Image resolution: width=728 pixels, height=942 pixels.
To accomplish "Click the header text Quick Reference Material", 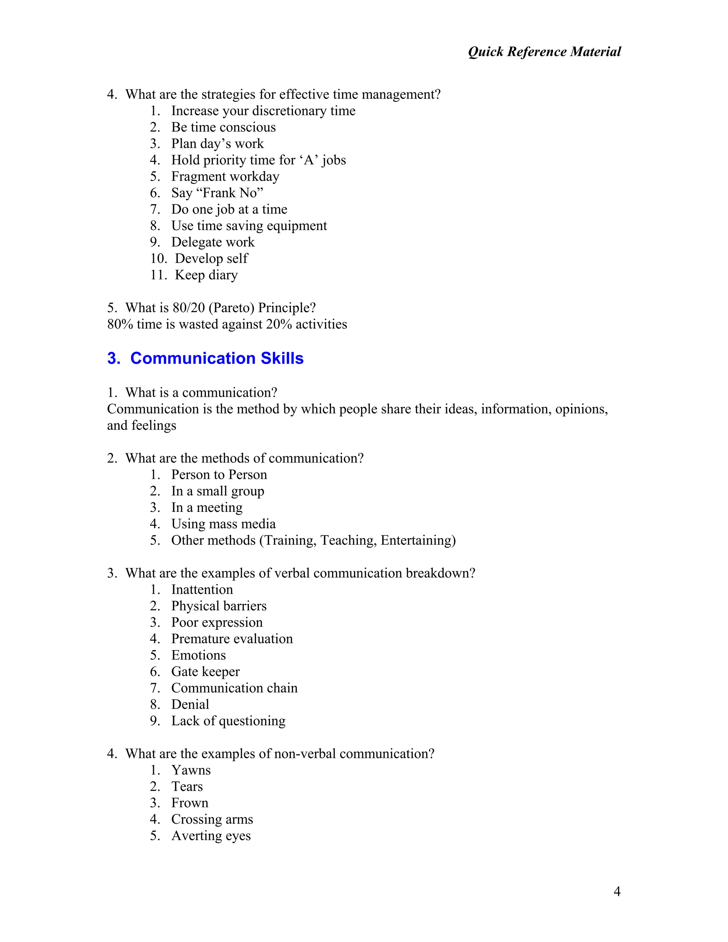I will click(x=544, y=52).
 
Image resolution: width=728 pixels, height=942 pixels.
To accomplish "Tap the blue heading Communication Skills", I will click(x=216, y=358).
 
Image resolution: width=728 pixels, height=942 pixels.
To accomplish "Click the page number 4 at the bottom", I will click(x=617, y=891).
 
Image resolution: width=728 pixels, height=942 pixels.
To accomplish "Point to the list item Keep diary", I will click(x=206, y=275).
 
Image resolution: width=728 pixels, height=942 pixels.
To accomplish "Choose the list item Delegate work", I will click(x=213, y=242).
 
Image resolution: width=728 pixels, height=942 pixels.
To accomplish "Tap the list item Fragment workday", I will click(x=225, y=176).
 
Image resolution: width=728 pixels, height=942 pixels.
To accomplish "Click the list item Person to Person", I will click(x=219, y=475).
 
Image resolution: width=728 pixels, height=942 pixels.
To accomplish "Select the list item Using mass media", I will click(x=223, y=524).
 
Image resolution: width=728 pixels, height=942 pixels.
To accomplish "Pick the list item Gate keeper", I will click(x=205, y=671).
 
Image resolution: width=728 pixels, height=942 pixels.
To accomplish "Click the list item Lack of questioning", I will click(x=228, y=721).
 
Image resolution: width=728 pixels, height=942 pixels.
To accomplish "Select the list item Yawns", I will click(x=191, y=770).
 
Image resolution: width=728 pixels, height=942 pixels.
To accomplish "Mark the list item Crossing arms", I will click(x=212, y=819).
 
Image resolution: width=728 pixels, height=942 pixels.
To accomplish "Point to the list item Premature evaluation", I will click(x=232, y=639).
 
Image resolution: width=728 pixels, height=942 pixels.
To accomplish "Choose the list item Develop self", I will click(x=212, y=259).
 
